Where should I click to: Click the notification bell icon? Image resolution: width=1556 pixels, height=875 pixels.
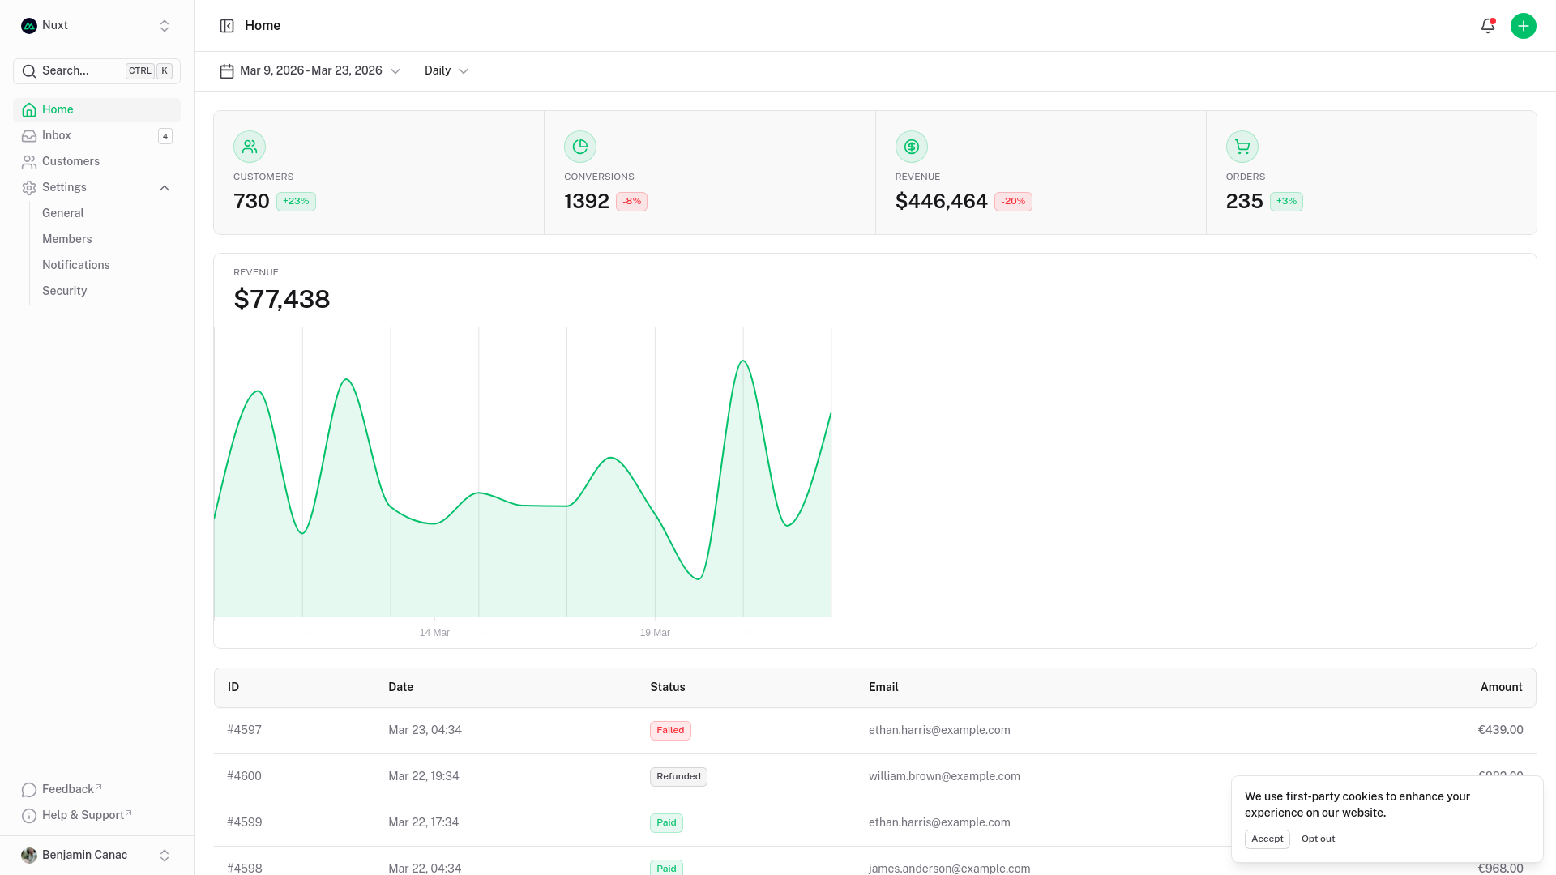pyautogui.click(x=1487, y=26)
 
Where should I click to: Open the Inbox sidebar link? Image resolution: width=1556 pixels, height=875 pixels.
pyautogui.click(x=57, y=135)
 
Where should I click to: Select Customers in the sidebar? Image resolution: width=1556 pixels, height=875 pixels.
pyautogui.click(x=71, y=161)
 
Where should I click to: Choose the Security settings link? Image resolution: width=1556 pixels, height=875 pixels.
pyautogui.click(x=64, y=291)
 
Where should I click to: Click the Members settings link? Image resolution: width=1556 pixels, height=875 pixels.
pyautogui.click(x=66, y=239)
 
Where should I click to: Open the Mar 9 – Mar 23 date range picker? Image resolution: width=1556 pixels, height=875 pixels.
pyautogui.click(x=310, y=71)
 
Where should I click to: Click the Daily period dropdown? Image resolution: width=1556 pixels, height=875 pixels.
pyautogui.click(x=446, y=71)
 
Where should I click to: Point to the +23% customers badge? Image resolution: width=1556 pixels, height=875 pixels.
pyautogui.click(x=296, y=202)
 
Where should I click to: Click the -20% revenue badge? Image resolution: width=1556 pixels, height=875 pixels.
pyautogui.click(x=1012, y=202)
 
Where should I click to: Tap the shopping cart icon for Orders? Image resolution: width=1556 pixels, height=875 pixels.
pyautogui.click(x=1242, y=147)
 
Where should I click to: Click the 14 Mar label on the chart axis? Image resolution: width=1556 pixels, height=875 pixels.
pyautogui.click(x=434, y=633)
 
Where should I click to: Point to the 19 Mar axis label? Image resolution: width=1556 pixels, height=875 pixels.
pyautogui.click(x=655, y=633)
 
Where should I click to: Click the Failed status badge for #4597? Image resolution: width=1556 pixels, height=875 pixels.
pyautogui.click(x=670, y=731)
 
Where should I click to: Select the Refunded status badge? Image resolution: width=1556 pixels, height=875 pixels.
pyautogui.click(x=678, y=777)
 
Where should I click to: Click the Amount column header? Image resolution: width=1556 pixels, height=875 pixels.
pyautogui.click(x=1501, y=687)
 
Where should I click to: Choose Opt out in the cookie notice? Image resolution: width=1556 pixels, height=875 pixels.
pyautogui.click(x=1318, y=839)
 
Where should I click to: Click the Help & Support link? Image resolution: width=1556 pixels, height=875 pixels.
pyautogui.click(x=83, y=815)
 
